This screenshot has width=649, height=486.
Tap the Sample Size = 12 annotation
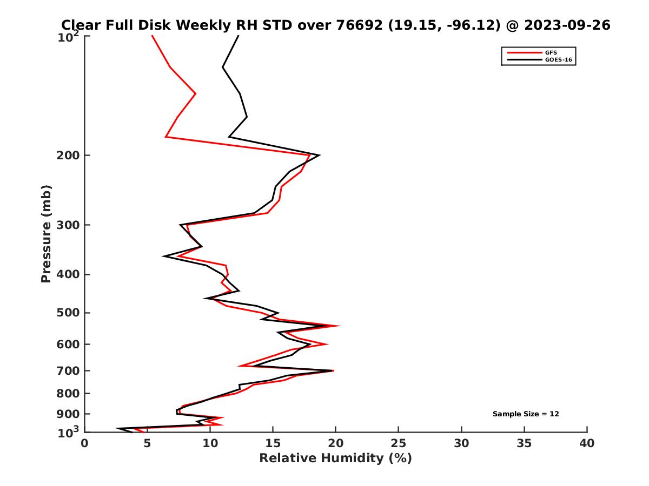point(526,414)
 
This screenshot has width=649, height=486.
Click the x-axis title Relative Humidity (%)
point(335,458)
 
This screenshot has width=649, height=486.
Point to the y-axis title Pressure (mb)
point(46,233)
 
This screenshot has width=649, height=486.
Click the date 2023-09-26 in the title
point(564,25)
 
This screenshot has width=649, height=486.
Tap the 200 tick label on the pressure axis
point(65,156)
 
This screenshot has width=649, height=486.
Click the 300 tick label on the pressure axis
point(65,225)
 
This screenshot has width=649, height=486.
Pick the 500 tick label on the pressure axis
point(65,313)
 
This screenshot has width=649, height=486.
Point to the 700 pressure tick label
point(65,370)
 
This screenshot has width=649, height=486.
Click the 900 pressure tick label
point(65,414)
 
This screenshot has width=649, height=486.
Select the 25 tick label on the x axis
point(399,443)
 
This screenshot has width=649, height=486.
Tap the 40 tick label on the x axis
point(587,443)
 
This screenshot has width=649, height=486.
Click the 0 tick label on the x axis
point(84,443)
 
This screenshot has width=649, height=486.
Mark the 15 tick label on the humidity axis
point(273,443)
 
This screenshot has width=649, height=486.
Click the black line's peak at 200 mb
point(320,156)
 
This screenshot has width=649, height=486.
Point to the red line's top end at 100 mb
point(152,36)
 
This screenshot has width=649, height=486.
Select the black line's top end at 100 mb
point(239,36)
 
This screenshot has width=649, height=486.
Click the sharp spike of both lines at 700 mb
point(333,370)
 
